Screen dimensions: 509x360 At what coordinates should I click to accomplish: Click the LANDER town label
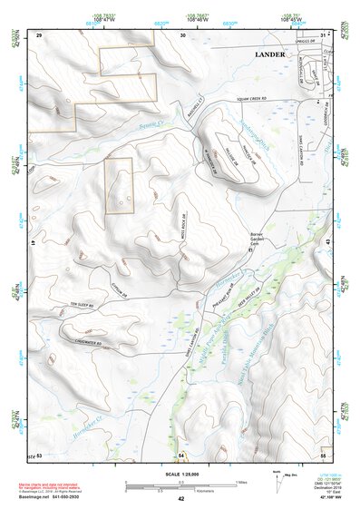[269, 54]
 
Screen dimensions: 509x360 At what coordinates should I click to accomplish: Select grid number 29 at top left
[40, 34]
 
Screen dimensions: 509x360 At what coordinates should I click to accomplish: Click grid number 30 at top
[182, 34]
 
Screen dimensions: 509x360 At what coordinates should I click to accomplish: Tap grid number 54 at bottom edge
[181, 453]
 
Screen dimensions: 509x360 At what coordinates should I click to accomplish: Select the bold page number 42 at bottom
[181, 498]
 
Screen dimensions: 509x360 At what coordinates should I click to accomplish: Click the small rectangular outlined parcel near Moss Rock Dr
[119, 186]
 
